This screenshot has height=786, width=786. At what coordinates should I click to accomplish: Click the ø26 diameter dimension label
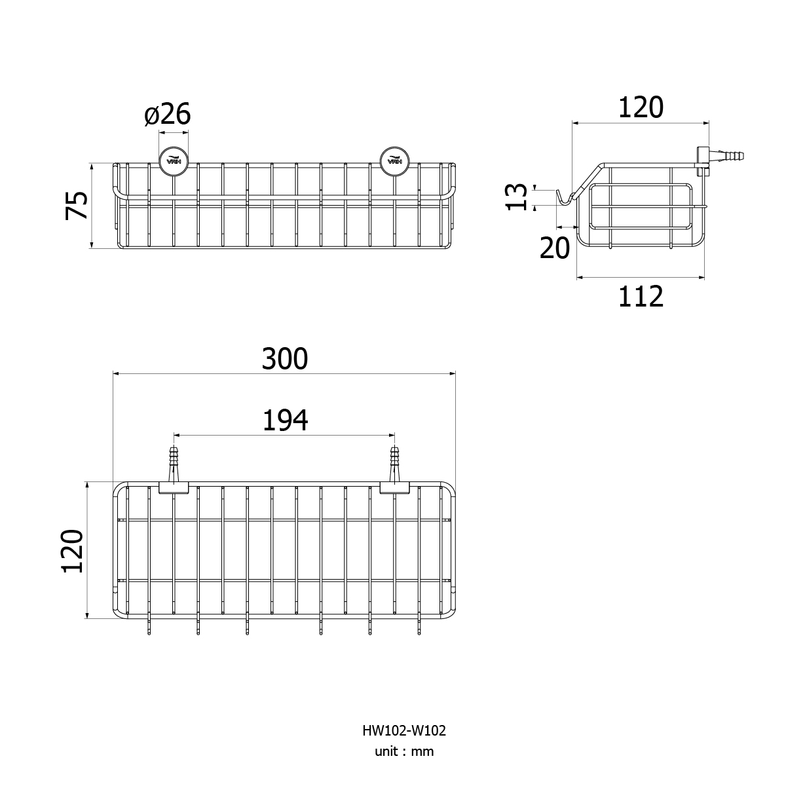point(167,114)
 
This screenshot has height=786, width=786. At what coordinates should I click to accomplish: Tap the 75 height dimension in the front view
point(76,205)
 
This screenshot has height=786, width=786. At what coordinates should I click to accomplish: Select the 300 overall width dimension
point(284,359)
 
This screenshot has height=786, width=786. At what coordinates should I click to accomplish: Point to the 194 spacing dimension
point(285,421)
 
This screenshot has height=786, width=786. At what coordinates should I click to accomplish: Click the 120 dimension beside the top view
point(73,551)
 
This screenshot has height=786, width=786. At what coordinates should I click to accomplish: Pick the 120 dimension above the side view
point(641,107)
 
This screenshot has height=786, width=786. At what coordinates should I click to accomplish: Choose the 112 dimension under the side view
point(641,297)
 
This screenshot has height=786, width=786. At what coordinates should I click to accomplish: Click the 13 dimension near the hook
point(516,197)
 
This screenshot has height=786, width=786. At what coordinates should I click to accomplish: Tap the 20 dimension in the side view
point(554,248)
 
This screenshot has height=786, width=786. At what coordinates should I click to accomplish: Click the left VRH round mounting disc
point(174,162)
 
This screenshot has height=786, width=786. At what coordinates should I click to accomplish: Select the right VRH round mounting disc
point(394,162)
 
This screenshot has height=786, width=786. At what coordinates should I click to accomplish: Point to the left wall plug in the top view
point(174,466)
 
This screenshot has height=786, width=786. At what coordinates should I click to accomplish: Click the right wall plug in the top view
point(394,466)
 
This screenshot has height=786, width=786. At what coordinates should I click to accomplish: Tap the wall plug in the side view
point(726,155)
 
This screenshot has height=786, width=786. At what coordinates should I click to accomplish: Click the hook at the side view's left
point(565,197)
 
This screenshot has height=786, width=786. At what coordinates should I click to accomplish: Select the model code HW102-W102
point(404,730)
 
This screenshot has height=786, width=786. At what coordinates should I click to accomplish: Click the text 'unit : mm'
point(404,751)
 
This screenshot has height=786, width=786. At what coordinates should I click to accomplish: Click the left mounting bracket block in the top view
point(174,487)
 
